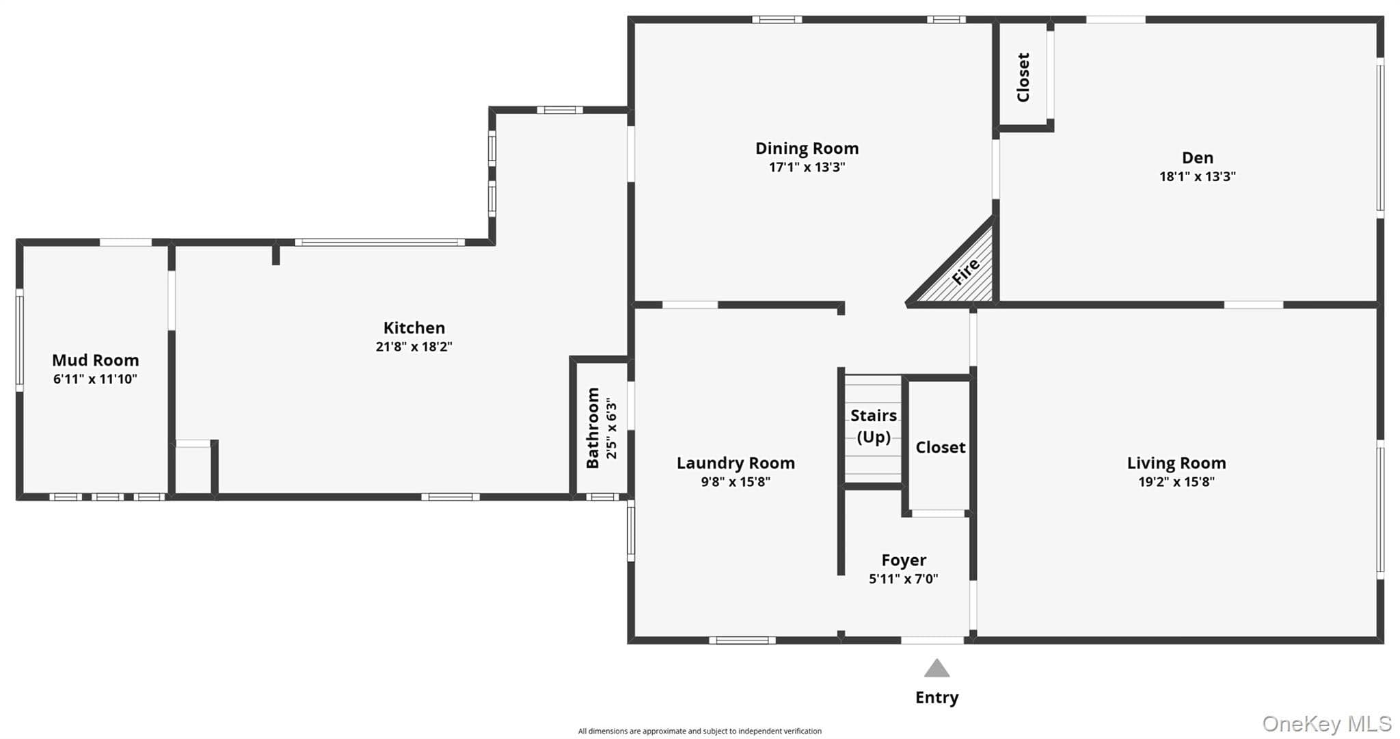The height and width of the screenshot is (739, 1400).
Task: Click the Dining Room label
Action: click(807, 148)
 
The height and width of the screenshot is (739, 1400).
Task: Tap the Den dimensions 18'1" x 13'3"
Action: click(1197, 176)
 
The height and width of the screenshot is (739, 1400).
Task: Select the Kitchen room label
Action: click(414, 327)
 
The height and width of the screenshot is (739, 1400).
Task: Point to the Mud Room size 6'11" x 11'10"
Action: click(95, 379)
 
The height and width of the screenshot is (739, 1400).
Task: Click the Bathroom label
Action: click(593, 428)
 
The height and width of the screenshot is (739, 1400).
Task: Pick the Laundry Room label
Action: click(736, 463)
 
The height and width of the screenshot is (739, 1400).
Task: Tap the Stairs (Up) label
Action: click(874, 426)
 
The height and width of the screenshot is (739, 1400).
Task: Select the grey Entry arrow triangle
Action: click(937, 668)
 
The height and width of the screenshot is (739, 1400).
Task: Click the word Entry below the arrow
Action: click(937, 697)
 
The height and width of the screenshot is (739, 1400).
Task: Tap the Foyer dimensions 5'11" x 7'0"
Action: click(903, 579)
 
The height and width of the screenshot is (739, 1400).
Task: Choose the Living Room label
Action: click(1176, 463)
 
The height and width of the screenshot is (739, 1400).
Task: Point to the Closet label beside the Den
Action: click(1023, 77)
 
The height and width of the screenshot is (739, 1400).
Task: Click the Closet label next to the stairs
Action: click(940, 447)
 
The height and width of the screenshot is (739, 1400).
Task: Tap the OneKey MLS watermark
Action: click(1326, 723)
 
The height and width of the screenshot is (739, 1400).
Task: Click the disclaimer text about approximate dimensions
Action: click(699, 731)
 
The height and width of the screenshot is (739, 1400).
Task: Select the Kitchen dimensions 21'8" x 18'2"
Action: click(414, 347)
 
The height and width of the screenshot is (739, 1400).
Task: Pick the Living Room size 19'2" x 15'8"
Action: click(1176, 482)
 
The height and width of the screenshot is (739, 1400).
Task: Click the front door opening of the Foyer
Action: click(932, 641)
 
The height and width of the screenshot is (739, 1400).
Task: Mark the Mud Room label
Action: click(95, 360)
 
